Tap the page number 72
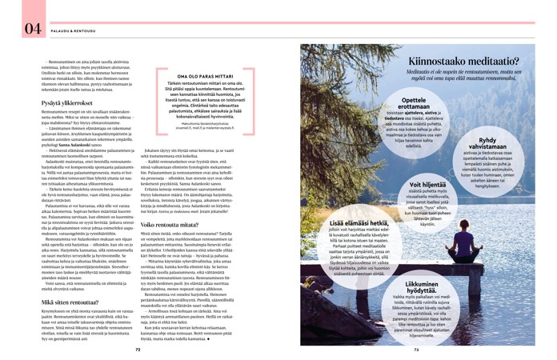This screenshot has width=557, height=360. point(138,349)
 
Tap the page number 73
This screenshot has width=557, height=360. point(419,349)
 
